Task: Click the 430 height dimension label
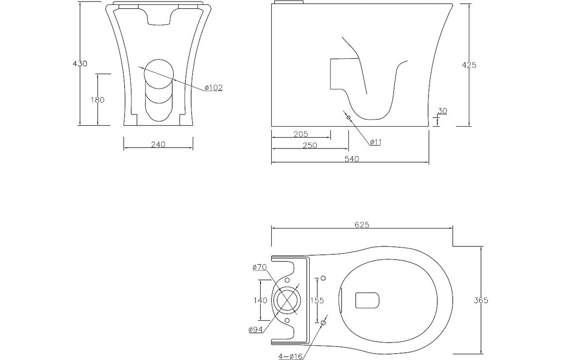tap(80, 64)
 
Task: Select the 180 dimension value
tap(98, 100)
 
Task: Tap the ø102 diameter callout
tap(213, 88)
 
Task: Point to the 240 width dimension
tap(158, 144)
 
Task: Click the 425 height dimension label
tap(469, 65)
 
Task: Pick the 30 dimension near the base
tap(442, 111)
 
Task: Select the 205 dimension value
tap(301, 134)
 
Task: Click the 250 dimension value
tap(310, 146)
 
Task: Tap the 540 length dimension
tap(351, 159)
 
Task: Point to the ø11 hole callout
tap(376, 142)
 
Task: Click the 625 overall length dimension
tap(362, 224)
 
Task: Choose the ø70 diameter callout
tap(260, 267)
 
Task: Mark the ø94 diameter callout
tap(256, 330)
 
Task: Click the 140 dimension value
tap(260, 300)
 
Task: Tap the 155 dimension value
tap(317, 300)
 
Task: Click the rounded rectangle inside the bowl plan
tap(367, 300)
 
